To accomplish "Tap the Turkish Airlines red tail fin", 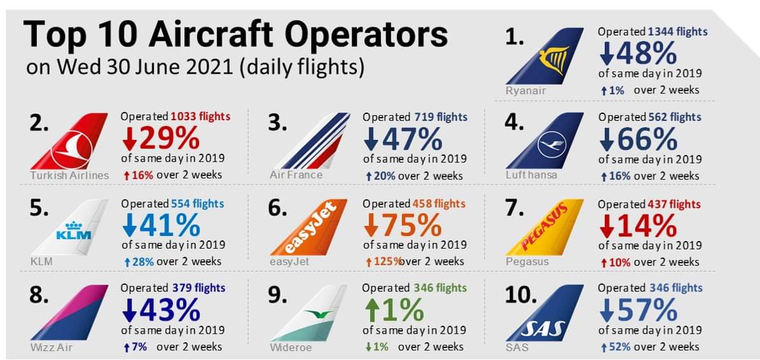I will (x=71, y=143).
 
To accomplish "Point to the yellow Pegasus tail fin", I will (x=547, y=229).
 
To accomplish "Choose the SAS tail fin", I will (x=547, y=315).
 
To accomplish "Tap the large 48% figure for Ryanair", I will (x=638, y=54).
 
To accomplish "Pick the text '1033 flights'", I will (x=200, y=117).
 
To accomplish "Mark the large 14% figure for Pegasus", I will (x=638, y=226).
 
